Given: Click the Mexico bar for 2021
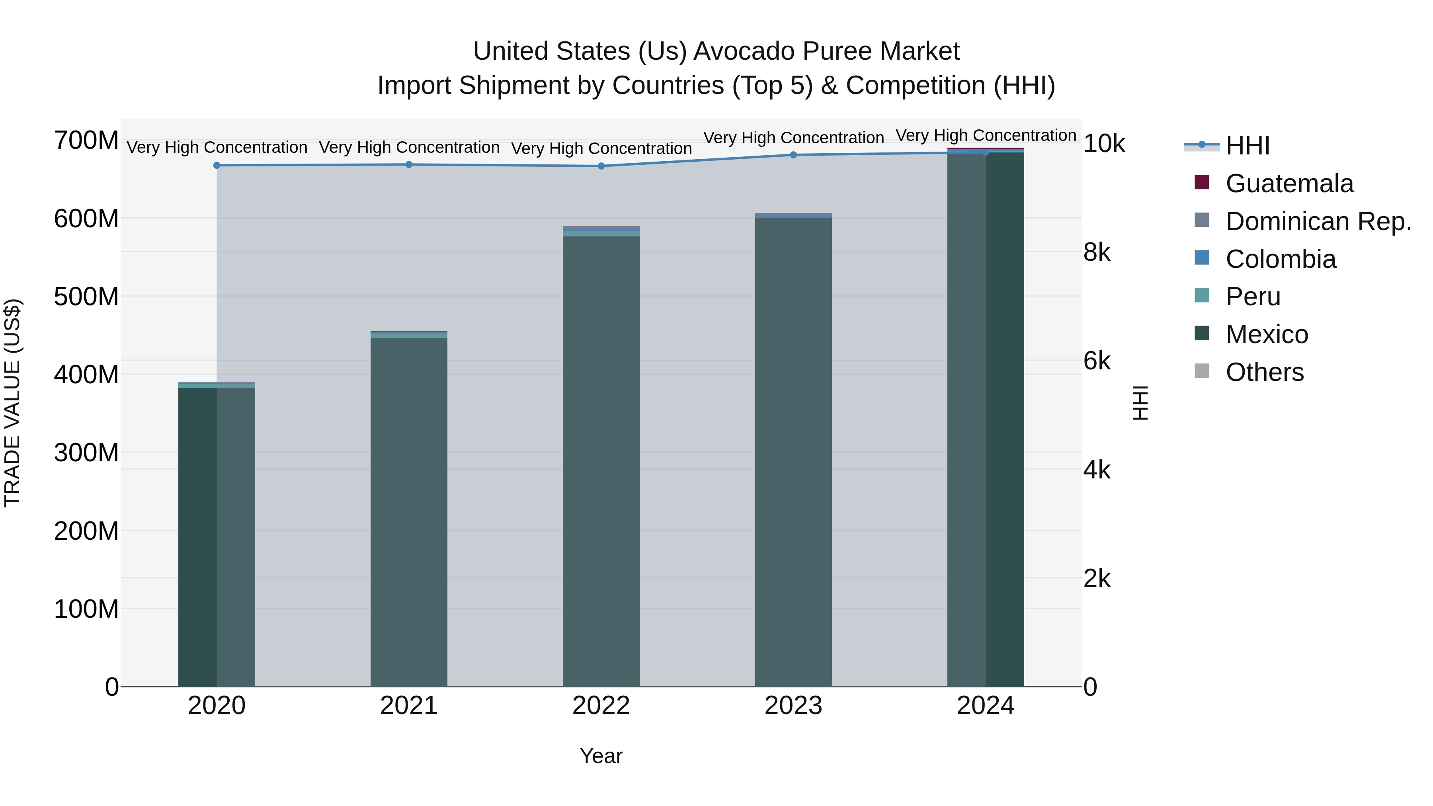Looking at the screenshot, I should pyautogui.click(x=409, y=512).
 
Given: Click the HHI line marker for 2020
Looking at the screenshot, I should pyautogui.click(x=217, y=165).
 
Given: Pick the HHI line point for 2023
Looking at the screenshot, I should pyautogui.click(x=793, y=155).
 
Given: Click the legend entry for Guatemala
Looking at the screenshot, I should pyautogui.click(x=1289, y=183).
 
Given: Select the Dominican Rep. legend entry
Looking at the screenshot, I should pyautogui.click(x=1318, y=221).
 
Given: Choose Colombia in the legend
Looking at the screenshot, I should pyautogui.click(x=1280, y=259).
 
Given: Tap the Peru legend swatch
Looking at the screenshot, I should pyautogui.click(x=1202, y=295).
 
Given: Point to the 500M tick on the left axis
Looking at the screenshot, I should pyautogui.click(x=86, y=297).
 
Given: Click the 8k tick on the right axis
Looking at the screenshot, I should pyautogui.click(x=1097, y=252).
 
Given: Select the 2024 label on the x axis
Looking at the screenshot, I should pyautogui.click(x=985, y=706).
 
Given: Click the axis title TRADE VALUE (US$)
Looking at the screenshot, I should pyautogui.click(x=12, y=403).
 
